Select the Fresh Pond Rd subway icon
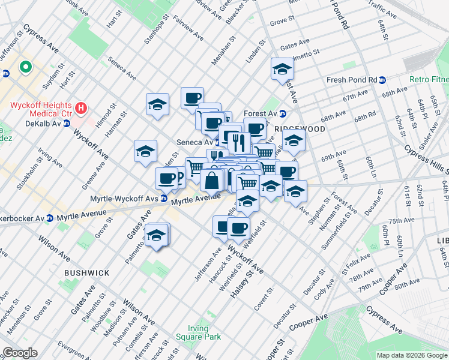[382, 80]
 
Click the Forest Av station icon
[283, 113]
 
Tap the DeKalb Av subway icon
[67, 123]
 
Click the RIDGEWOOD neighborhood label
[300, 129]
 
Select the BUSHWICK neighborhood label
[87, 273]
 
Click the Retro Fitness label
[429, 79]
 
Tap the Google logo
[19, 353]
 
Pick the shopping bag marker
[212, 179]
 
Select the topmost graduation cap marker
[282, 70]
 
